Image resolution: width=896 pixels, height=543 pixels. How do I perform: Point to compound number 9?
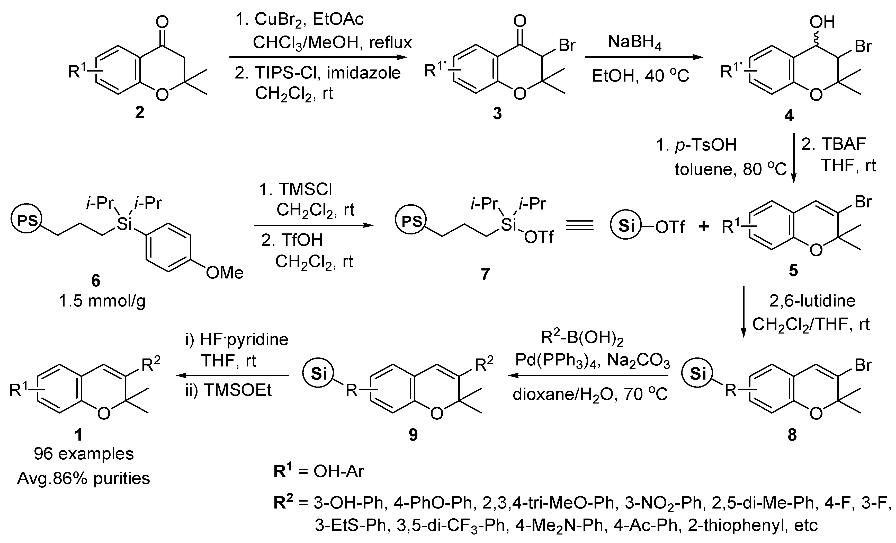coord(413,435)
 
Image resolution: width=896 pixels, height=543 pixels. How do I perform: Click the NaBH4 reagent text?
coord(634,42)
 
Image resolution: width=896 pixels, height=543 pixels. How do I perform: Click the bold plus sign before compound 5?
coord(704,227)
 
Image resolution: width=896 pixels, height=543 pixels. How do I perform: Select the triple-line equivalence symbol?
coord(580,226)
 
